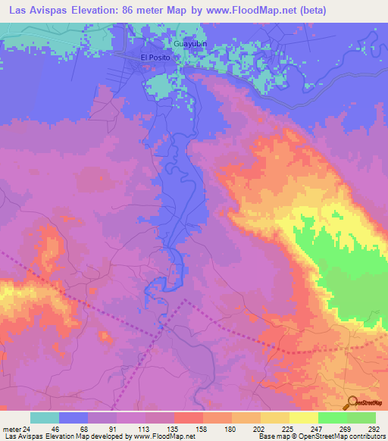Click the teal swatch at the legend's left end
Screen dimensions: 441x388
coord(45,418)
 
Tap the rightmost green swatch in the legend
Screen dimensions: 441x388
coord(361,418)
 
